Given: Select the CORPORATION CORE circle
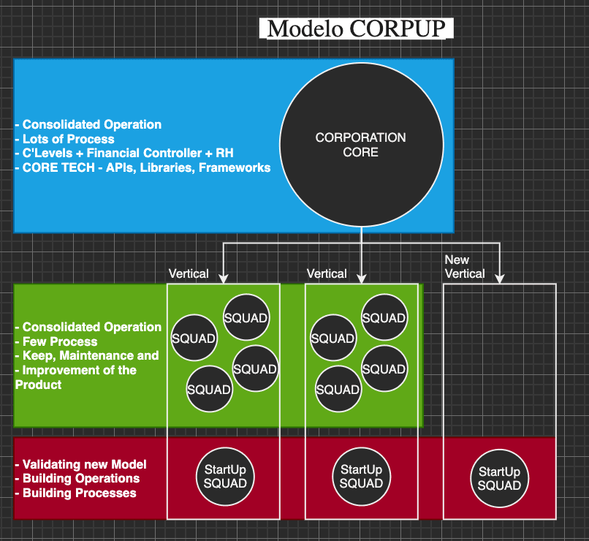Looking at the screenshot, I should (x=361, y=145).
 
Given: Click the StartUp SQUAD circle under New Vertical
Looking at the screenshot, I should (x=500, y=479).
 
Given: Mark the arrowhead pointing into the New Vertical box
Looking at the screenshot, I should (x=500, y=277).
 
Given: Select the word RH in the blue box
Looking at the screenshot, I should (x=224, y=154).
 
